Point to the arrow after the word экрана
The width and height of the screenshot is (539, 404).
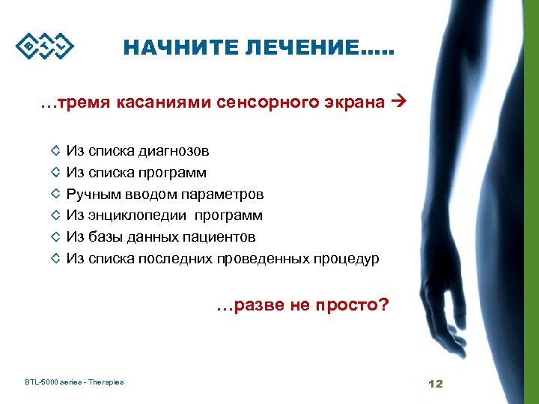coord(398,102)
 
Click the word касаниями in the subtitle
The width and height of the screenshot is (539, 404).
coord(154,102)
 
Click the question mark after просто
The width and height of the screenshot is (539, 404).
coord(384,305)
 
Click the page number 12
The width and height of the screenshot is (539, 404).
coord(436,383)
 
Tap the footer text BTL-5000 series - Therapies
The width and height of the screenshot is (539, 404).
coord(74,382)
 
